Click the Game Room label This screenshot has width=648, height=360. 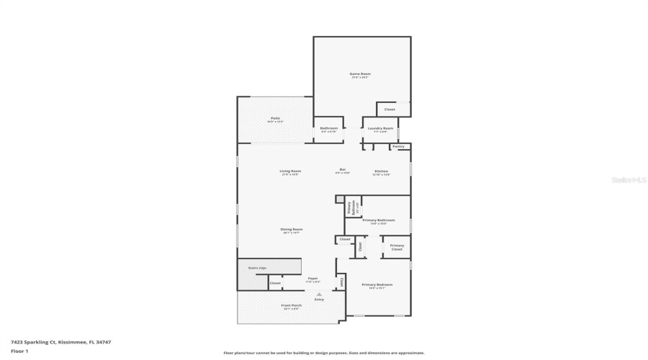360,75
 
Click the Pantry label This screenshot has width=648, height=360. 399,147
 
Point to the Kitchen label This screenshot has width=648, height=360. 382,172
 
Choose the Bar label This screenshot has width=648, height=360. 343,171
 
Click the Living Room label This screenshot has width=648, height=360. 290,172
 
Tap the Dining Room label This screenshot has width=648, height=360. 292,230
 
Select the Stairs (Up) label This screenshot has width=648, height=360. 257,268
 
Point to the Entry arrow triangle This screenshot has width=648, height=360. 319,294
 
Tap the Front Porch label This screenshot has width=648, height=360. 291,307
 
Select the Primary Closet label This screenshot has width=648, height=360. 397,247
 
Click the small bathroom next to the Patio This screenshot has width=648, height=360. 329,130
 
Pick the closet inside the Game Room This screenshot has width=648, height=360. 390,109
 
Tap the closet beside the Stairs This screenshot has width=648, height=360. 275,283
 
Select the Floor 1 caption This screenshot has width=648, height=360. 19,351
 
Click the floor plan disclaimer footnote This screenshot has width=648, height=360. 324,353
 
